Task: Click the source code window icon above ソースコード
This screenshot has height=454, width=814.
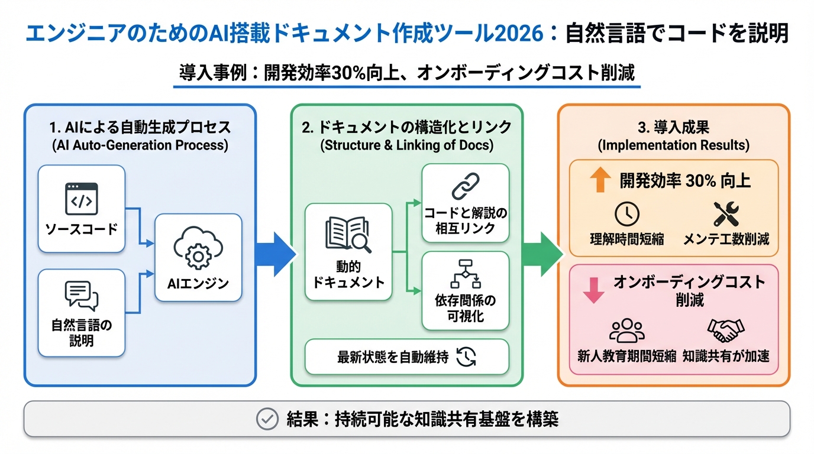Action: [81, 199]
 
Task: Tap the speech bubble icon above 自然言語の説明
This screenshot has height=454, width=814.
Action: [81, 296]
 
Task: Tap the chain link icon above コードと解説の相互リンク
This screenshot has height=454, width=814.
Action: [466, 186]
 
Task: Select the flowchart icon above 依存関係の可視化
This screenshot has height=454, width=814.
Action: [466, 273]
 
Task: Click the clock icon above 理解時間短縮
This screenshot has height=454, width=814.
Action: [627, 214]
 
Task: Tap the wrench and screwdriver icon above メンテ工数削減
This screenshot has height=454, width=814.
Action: [725, 214]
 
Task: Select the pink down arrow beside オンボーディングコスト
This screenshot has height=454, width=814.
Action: [593, 290]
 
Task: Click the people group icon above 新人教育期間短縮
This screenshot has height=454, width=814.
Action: [626, 331]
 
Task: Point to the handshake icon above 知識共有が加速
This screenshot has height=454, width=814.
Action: [726, 331]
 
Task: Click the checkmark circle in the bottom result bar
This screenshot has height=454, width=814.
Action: [267, 419]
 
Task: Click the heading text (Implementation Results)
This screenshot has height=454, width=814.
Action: [674, 145]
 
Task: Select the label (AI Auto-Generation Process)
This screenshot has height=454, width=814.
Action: [140, 145]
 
